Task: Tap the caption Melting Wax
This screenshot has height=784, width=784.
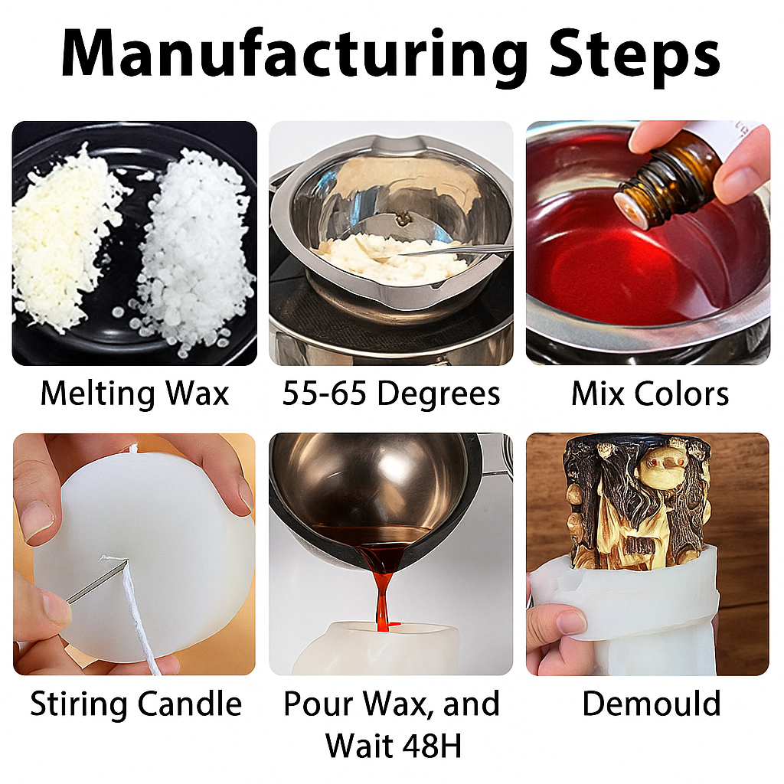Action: (135, 394)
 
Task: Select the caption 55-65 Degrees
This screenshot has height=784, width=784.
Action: (391, 394)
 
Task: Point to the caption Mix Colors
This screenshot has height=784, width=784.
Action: (649, 394)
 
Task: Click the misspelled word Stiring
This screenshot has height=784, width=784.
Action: (79, 704)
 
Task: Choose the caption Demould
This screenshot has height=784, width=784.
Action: (651, 704)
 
